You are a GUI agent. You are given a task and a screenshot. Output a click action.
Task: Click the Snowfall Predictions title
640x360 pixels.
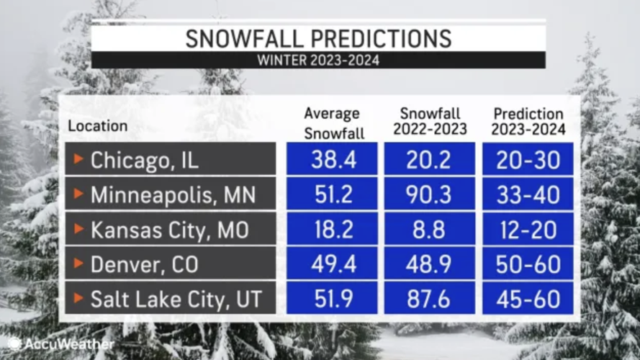click(318, 38)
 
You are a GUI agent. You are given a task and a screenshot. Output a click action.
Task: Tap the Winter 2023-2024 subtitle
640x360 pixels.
click(318, 60)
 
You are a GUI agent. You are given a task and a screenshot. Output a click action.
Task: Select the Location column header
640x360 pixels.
click(97, 125)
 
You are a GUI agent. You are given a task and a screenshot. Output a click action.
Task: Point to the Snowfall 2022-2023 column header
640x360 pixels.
click(431, 122)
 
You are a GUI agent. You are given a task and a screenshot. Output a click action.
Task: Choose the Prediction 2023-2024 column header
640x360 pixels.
click(528, 122)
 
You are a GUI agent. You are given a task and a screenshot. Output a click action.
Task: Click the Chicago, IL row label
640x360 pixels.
click(170, 160)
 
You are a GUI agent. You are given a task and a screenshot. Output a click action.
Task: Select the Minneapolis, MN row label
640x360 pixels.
click(170, 195)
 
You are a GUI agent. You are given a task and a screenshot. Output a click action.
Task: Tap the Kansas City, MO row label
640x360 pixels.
click(170, 230)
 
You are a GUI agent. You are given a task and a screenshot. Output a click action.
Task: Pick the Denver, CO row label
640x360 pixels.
click(170, 264)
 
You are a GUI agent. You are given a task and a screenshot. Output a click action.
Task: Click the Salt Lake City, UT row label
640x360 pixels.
click(170, 299)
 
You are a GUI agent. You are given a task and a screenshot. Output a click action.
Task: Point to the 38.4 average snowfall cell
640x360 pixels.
click(333, 160)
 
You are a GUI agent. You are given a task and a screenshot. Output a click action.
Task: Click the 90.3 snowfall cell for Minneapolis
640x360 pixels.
click(431, 195)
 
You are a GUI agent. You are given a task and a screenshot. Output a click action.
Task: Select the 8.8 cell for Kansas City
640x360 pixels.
click(431, 230)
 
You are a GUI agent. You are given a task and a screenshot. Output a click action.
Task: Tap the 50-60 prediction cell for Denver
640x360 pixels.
click(528, 264)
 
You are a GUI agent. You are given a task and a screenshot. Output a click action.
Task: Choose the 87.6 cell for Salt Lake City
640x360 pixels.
click(431, 299)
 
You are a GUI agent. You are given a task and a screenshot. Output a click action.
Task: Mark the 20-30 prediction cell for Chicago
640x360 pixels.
click(528, 160)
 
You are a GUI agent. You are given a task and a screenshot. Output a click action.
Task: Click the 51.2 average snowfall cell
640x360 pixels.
click(333, 195)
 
